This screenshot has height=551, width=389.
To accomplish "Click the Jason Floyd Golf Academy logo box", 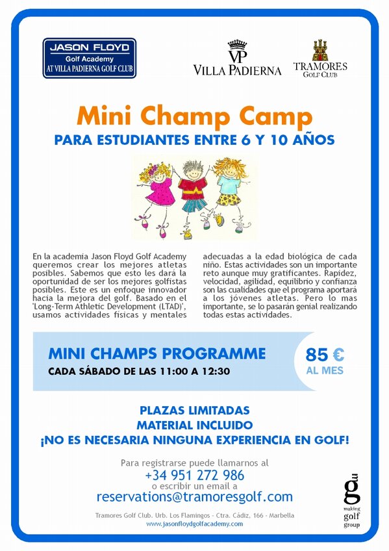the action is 90,58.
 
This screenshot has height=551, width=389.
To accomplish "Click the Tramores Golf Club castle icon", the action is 320,50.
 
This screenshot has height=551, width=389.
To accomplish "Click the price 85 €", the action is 325,355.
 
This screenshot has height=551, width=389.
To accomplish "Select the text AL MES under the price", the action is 325,371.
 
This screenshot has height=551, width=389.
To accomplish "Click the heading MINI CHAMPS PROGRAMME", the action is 157,354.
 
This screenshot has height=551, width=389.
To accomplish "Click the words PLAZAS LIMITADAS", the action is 194,411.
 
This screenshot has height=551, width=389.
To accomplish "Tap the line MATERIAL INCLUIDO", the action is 194,425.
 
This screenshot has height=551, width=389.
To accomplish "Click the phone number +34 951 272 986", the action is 194,475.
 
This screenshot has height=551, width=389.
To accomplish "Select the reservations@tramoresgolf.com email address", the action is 194,497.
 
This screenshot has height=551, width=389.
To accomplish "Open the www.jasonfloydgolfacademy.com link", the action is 194,524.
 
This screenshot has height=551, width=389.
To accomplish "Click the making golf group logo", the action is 351,498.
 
